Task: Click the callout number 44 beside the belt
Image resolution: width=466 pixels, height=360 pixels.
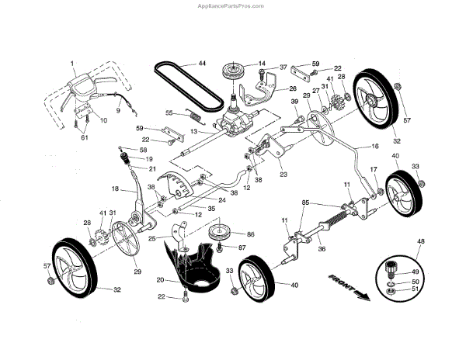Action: pos(202,63)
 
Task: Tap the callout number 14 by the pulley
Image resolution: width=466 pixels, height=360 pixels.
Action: pos(262,63)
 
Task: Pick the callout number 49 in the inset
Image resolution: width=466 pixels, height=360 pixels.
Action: pos(416,272)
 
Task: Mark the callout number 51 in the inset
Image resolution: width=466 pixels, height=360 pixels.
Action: pos(416,289)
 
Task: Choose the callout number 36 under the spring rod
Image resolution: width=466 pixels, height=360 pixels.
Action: pos(322,249)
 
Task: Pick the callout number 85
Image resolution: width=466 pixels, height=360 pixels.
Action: pos(306,203)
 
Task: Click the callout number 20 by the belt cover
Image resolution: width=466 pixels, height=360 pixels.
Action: pos(159,279)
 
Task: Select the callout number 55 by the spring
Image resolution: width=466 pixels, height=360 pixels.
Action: pos(169,112)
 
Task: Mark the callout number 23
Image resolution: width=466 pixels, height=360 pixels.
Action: pos(283,175)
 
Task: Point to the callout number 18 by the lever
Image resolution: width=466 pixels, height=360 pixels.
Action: pos(114,188)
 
